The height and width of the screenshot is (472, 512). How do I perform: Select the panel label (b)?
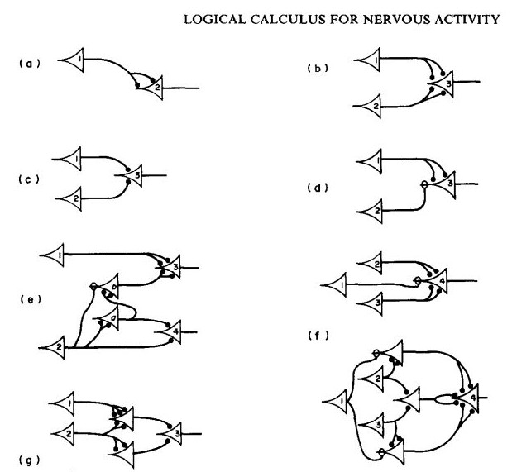coord(318,67)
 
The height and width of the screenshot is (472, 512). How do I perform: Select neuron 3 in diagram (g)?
coord(172,431)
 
